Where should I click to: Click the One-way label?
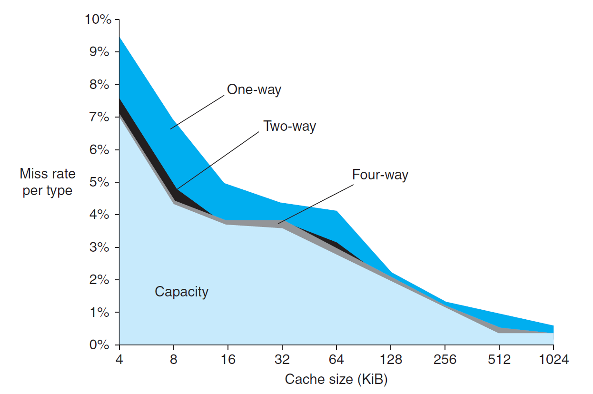point(254,89)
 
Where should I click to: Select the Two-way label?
point(289,126)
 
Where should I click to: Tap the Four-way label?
point(380,175)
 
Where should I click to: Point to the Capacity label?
point(181,291)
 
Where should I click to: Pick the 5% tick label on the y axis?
point(100,182)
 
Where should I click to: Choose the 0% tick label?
point(100,345)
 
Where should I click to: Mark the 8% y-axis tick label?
point(100,85)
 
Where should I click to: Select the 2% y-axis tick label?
point(100,280)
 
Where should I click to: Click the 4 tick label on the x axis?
point(119,359)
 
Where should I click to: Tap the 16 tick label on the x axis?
point(228,359)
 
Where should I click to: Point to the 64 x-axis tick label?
point(336,359)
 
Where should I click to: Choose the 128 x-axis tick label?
point(391,359)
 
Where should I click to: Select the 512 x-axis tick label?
point(499,359)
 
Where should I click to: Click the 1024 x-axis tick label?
point(553,359)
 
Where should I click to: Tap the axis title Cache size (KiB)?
point(336,379)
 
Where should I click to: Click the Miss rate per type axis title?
point(48,182)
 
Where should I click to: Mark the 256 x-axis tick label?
point(445,359)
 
